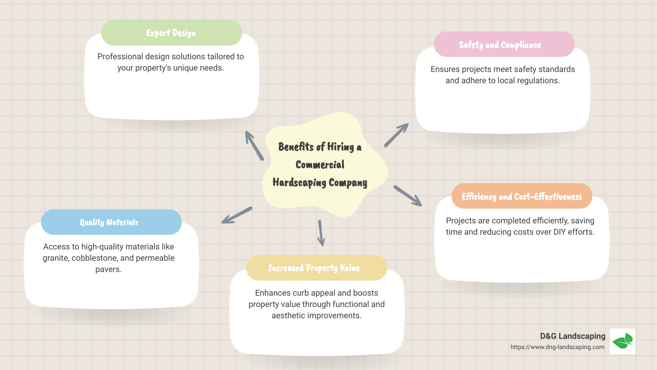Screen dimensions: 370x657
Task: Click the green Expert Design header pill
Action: (171, 33)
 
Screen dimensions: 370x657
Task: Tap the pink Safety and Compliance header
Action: (504, 45)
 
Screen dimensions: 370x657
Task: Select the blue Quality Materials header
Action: (111, 222)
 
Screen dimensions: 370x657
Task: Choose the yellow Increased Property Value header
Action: (316, 268)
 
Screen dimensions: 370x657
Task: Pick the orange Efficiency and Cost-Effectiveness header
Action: (521, 196)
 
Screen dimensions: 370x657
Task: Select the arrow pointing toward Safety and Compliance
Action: (396, 135)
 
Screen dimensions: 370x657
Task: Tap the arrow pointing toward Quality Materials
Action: (236, 215)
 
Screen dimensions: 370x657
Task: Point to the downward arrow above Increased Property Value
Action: (321, 233)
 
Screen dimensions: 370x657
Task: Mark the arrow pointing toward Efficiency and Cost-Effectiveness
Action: (408, 196)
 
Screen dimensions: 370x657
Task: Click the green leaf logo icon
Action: (622, 341)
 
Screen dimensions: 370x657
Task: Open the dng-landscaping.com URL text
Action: (557, 347)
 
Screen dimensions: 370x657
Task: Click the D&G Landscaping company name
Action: (572, 336)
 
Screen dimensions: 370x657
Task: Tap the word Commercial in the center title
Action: (320, 165)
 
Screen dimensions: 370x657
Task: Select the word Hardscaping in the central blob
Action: (299, 183)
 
